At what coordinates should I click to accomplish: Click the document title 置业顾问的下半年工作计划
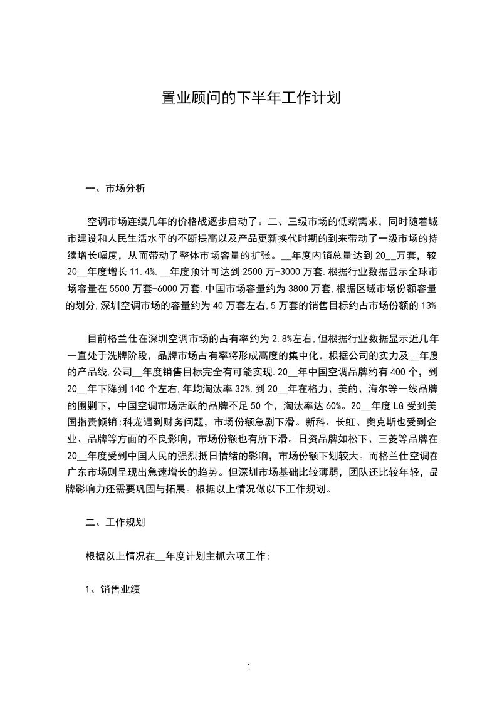(x=248, y=98)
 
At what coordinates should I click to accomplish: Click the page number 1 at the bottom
(x=249, y=667)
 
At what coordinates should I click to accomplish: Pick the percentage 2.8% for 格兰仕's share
(x=280, y=339)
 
